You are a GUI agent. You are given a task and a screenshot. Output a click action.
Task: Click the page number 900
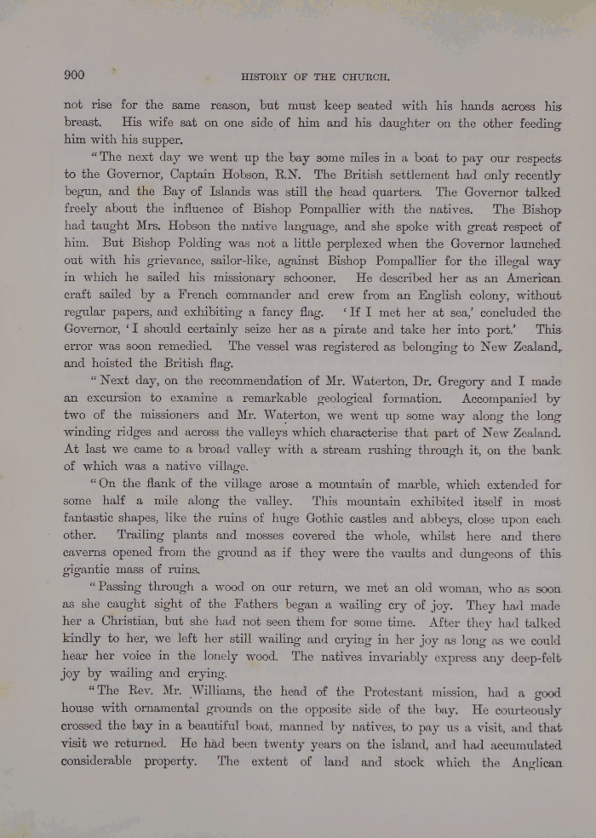(74, 75)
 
